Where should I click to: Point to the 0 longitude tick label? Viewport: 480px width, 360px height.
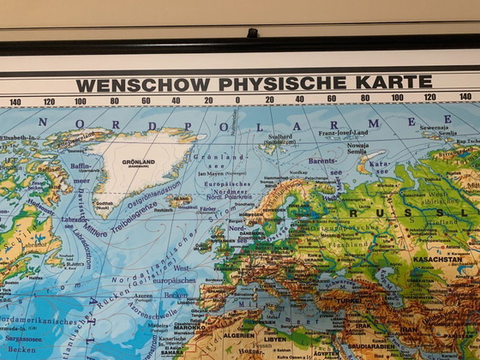[x=237, y=99]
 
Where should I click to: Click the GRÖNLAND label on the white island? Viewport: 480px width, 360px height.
[x=138, y=162]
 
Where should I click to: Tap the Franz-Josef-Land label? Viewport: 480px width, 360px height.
[x=343, y=133]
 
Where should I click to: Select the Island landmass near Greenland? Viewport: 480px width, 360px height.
[x=182, y=201]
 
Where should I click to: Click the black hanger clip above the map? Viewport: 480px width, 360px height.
[x=252, y=33]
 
